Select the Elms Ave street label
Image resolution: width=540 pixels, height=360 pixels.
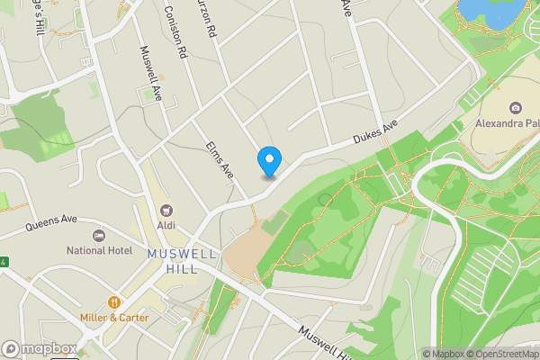point(220,158)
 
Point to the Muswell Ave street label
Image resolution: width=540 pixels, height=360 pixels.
point(149,73)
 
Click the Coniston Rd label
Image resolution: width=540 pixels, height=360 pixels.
point(175,31)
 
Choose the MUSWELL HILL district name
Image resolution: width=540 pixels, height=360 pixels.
point(183,262)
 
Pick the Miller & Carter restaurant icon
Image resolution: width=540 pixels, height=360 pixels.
point(114,301)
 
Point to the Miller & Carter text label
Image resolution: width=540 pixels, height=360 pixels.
point(114,318)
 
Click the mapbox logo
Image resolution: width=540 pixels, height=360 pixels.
point(40,349)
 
